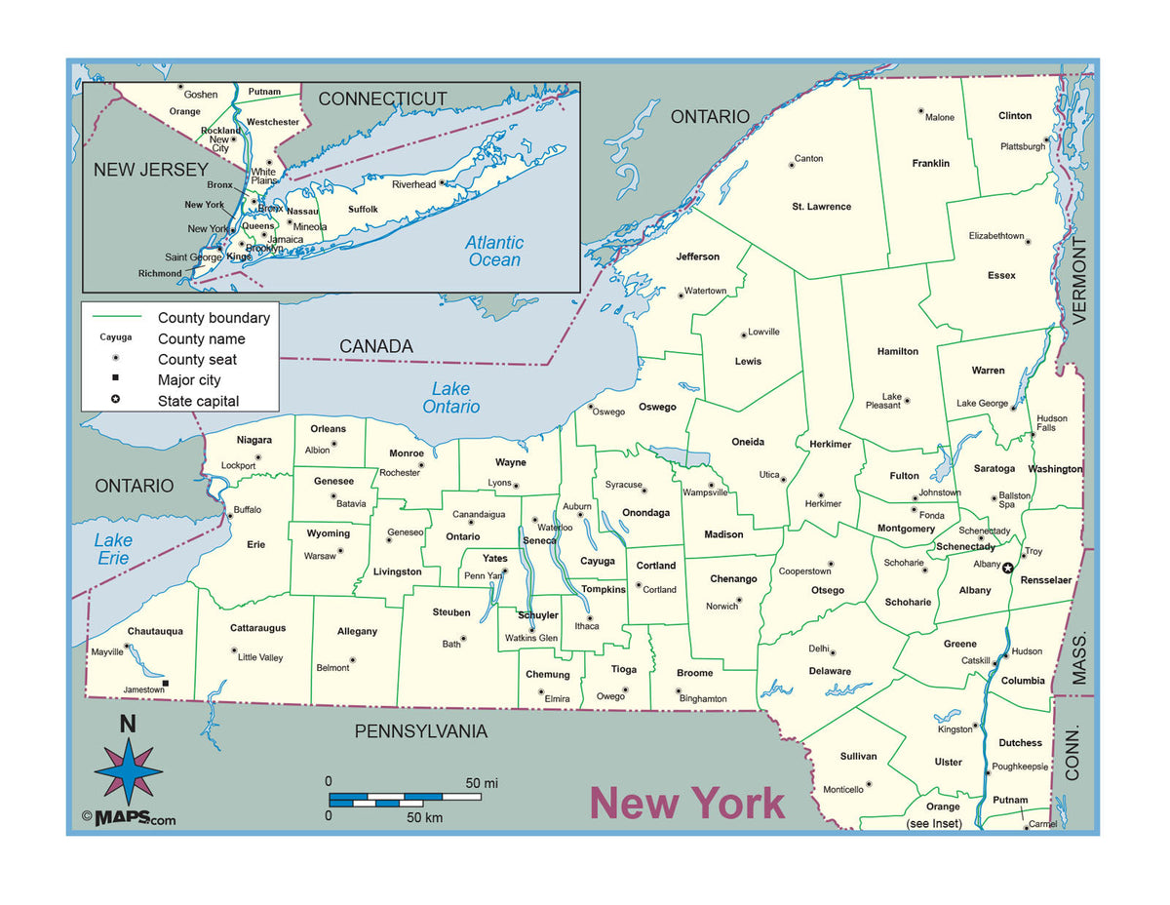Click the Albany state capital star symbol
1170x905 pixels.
[1008, 568]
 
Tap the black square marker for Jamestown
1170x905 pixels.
[166, 684]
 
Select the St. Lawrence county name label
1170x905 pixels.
[821, 207]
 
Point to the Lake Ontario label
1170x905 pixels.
[451, 398]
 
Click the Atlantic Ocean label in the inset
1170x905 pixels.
[494, 251]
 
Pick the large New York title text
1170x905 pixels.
[686, 804]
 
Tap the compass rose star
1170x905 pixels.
[128, 770]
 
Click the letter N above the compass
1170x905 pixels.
[128, 724]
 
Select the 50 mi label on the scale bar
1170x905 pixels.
[482, 782]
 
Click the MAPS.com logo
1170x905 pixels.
[129, 817]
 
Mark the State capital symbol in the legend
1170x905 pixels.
[116, 401]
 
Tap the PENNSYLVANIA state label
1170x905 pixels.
[420, 731]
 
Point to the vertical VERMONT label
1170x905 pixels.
[1079, 280]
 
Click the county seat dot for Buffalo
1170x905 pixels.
[229, 510]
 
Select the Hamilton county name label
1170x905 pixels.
[897, 351]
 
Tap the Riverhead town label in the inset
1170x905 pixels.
[413, 184]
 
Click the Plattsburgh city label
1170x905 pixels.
[1022, 146]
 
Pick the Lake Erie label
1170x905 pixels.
[113, 549]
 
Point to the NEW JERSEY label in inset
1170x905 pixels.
[150, 170]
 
